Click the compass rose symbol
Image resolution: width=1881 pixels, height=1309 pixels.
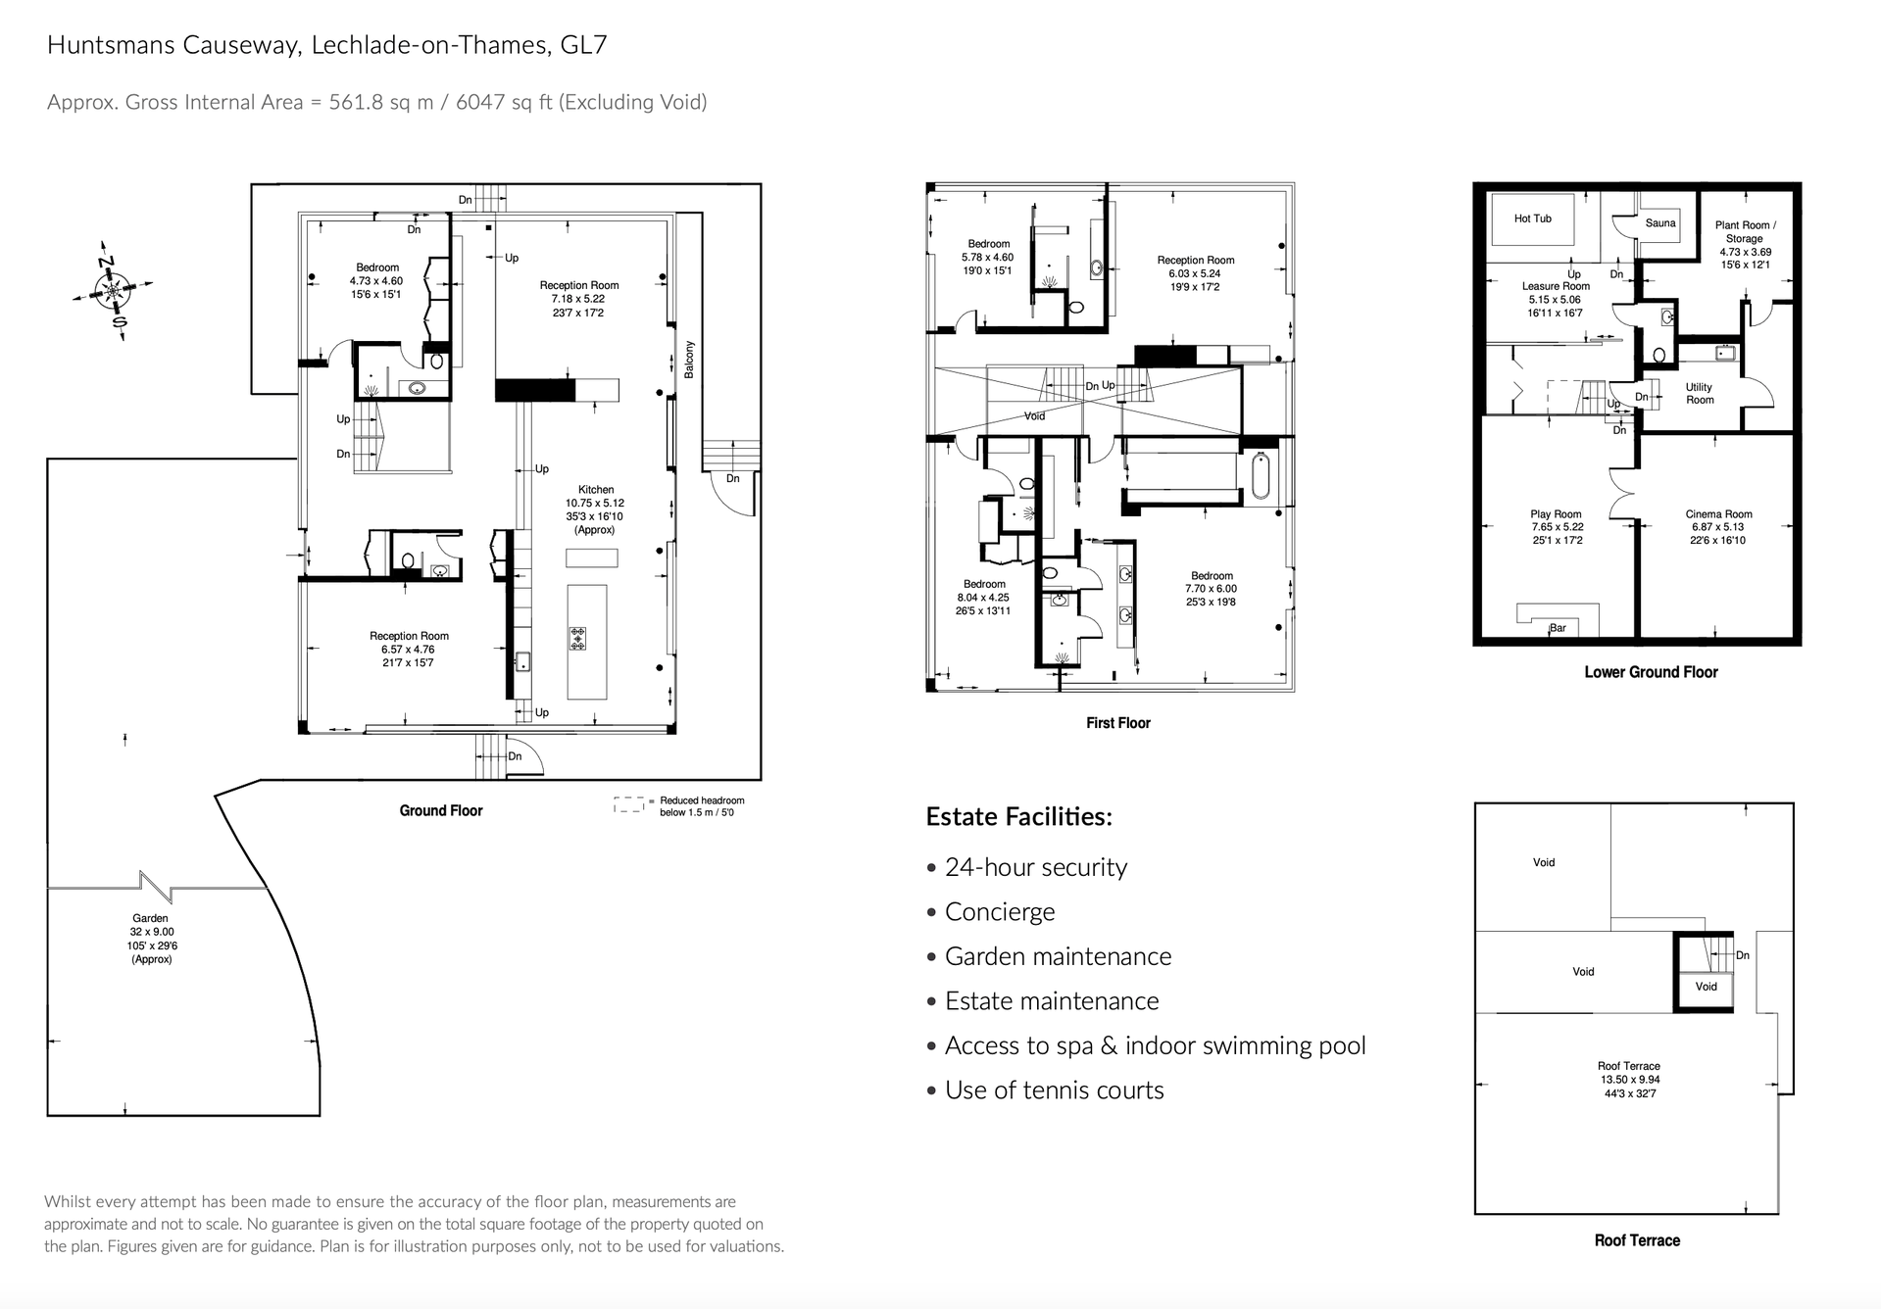113,290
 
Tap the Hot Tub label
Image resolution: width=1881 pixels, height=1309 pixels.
1532,218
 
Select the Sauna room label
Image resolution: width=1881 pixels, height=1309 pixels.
1660,222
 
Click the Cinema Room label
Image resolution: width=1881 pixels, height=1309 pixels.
1718,513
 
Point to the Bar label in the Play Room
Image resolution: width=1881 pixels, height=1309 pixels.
1558,628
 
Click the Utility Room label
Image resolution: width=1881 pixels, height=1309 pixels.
1700,393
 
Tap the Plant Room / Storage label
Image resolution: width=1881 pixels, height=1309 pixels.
1745,231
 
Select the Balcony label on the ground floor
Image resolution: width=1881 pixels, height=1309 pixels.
689,360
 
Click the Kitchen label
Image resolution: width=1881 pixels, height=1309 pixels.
595,489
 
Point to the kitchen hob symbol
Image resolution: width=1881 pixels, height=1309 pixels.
577,639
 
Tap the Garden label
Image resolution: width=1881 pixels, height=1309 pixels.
151,918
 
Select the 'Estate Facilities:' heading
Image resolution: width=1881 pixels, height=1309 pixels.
1019,816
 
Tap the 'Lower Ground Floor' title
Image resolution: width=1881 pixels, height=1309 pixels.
1651,672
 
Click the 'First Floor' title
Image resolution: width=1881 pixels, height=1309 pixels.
1117,723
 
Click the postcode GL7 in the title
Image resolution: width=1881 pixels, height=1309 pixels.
583,45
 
